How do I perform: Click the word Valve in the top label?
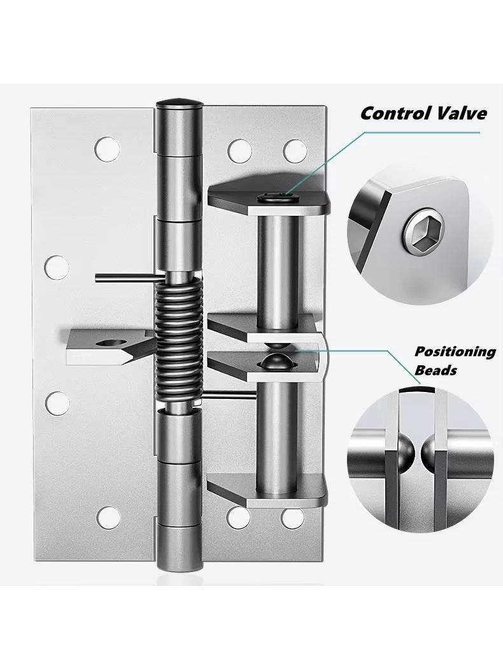[458, 114]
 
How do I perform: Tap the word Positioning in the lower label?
[455, 352]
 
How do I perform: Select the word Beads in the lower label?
[436, 370]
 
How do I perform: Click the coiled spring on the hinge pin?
[176, 340]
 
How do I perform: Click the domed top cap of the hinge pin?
[179, 104]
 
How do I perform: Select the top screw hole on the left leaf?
[107, 149]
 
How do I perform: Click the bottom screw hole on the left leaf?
[108, 517]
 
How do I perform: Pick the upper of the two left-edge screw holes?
[57, 267]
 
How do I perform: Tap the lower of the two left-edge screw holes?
[57, 403]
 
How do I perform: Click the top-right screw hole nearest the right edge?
[295, 151]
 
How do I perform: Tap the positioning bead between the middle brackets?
[274, 361]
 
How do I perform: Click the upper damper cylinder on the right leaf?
[277, 271]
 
